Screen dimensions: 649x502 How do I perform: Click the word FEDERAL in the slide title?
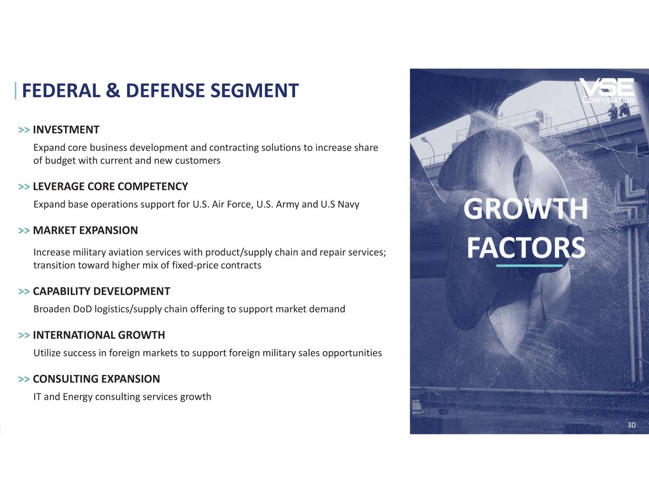pos(61,90)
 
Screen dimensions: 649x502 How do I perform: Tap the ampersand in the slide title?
pos(113,90)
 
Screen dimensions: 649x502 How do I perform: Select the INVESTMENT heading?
pos(66,130)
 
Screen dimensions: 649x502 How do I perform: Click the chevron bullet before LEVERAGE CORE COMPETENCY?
pos(24,187)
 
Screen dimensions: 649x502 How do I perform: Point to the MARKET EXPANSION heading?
pos(86,230)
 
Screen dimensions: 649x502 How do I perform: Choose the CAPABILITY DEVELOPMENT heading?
pos(102,291)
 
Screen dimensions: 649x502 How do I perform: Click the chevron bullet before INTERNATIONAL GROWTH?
pos(24,335)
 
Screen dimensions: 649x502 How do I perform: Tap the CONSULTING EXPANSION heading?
pos(97,379)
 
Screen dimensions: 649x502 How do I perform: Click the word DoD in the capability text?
pos(82,309)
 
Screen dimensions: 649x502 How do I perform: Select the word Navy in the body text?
pos(348,205)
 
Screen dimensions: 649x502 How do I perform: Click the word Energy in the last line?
pos(77,397)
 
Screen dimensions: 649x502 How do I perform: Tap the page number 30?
pos(631,425)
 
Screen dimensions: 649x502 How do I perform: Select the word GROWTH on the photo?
pos(526,209)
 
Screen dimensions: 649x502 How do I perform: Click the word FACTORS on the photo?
pos(526,248)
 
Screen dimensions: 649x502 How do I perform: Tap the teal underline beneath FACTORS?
pos(530,266)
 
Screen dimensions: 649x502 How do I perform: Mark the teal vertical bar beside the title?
pos(16,90)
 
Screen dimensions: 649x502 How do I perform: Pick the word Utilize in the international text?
pos(47,353)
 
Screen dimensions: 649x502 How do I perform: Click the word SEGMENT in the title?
pos(254,90)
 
